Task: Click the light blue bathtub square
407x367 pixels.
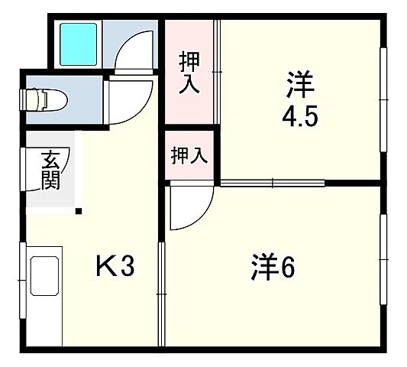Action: [78, 43]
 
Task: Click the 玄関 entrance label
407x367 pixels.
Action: [50, 171]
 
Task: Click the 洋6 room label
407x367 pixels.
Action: [273, 267]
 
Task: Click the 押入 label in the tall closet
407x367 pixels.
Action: [189, 73]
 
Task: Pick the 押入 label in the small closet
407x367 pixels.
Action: [189, 156]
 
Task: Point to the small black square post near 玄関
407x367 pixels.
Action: [79, 211]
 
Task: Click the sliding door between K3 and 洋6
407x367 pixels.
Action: [162, 294]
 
